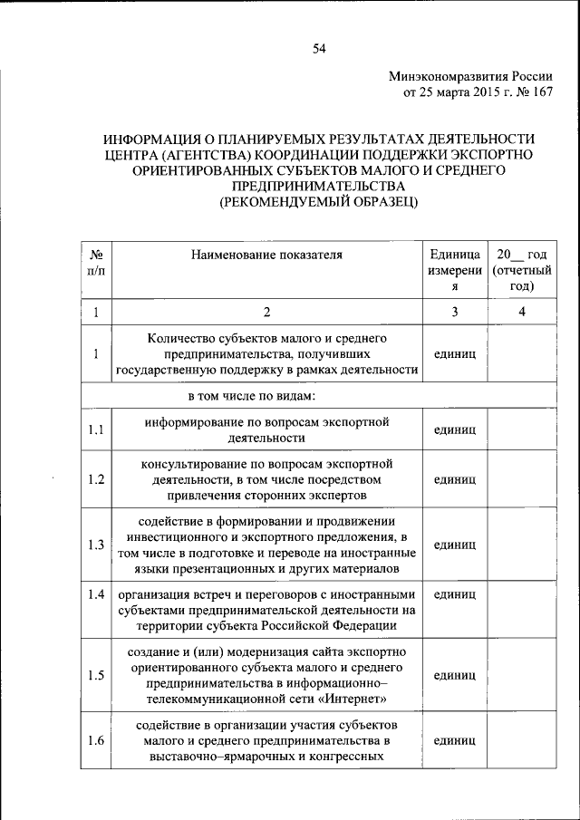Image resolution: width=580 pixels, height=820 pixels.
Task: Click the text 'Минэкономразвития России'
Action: tap(470, 76)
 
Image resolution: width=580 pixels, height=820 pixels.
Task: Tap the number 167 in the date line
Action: tap(539, 92)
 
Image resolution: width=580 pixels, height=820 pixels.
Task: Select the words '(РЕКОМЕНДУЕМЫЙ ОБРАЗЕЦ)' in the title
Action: tap(319, 202)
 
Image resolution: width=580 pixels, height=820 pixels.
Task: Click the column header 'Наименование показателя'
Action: tap(266, 255)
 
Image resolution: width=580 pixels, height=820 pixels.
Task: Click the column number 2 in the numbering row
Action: tap(267, 313)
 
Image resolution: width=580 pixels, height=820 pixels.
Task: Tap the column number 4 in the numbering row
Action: tap(521, 313)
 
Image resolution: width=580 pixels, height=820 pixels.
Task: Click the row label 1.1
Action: tap(96, 429)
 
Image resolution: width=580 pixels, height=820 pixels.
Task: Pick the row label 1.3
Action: tap(96, 545)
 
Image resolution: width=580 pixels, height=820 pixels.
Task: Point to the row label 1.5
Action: tap(96, 675)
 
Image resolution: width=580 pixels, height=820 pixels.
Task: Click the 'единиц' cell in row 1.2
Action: tap(455, 479)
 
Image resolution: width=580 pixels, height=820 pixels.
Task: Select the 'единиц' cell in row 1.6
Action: tap(455, 741)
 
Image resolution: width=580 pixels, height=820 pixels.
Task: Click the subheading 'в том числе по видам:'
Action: tap(251, 396)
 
